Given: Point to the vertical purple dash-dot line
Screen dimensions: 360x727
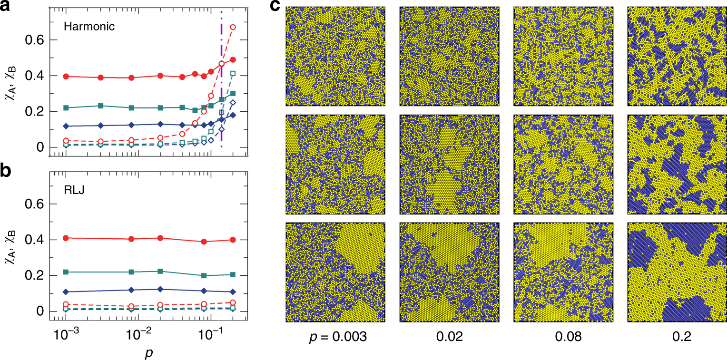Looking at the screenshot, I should [x=222, y=95].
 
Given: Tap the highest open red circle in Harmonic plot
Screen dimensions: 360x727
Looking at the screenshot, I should [x=233, y=27].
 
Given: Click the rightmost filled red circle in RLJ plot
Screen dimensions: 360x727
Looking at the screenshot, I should [x=233, y=240].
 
